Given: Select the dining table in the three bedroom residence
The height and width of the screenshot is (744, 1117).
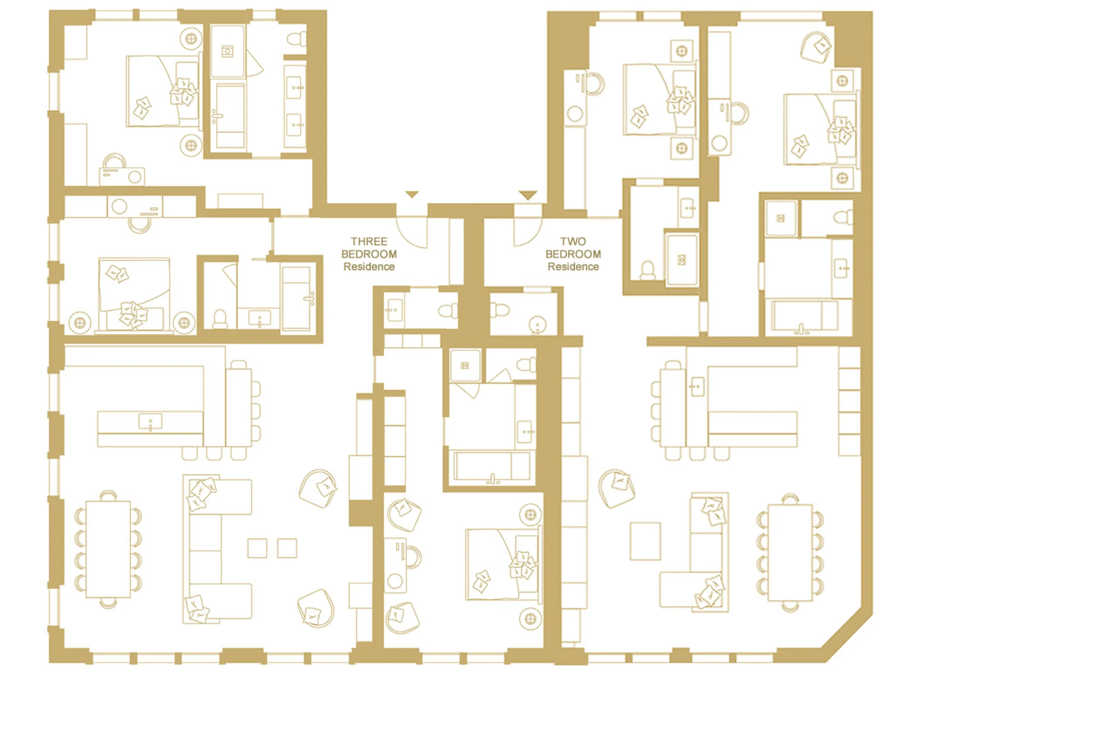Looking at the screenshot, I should tap(108, 549).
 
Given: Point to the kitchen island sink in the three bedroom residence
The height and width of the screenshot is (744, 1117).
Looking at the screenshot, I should tap(150, 421).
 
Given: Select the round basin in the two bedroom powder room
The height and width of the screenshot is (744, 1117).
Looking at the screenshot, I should tap(537, 325).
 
